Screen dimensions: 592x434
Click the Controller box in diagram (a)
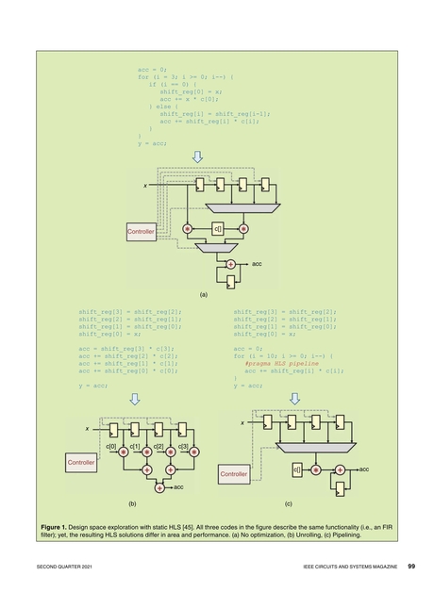point(141,230)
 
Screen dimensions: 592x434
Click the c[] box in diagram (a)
point(217,228)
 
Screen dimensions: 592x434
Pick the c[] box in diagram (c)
point(296,469)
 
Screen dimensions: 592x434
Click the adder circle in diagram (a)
point(230,265)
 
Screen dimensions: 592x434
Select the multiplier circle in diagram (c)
point(316,469)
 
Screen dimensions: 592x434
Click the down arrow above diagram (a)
point(197,156)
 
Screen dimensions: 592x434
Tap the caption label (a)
point(203,294)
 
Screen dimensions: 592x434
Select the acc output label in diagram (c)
point(363,468)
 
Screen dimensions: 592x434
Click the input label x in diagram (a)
point(144,187)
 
